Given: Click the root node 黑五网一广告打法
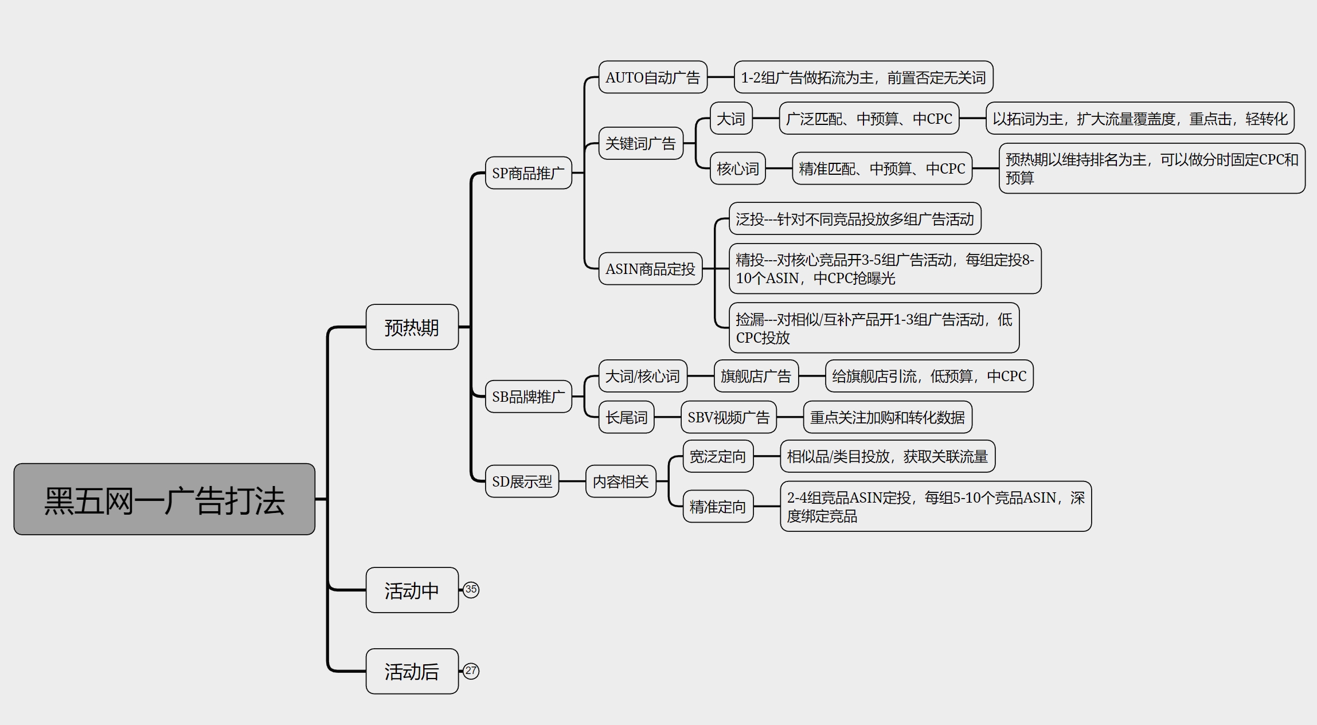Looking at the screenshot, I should [x=165, y=499].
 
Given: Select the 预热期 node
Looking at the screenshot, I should [x=412, y=327].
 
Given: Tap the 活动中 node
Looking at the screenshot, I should [x=412, y=590].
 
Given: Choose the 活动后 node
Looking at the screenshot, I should [x=412, y=671].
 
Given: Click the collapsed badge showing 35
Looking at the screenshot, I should [x=471, y=590].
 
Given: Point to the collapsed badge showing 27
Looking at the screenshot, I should [x=471, y=671].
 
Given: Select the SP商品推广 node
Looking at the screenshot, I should [x=528, y=173].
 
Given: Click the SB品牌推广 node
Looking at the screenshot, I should [x=528, y=396].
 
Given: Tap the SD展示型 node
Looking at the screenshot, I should [x=522, y=481].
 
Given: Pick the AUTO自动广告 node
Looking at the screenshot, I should [x=652, y=77].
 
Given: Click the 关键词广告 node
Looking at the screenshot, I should [x=640, y=143].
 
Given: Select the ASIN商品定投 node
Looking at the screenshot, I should [x=650, y=269].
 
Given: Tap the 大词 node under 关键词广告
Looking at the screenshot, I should [x=731, y=118].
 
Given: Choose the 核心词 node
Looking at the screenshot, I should [x=737, y=168].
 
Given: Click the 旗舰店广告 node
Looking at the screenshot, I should [x=756, y=376].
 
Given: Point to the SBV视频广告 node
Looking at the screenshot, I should [x=728, y=417].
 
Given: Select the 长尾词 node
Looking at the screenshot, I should [x=626, y=417].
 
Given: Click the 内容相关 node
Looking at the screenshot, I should [x=620, y=481].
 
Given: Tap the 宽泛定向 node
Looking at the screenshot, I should [x=718, y=456].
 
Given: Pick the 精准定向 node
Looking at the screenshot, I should [x=718, y=507].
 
